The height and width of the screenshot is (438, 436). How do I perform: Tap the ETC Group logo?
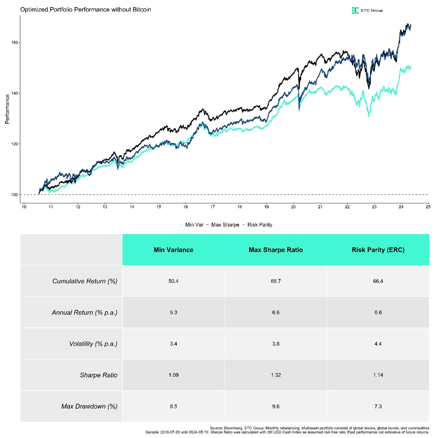click(367, 10)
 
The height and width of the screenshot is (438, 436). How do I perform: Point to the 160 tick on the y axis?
click(15, 42)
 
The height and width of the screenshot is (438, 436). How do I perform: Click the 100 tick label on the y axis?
click(15, 195)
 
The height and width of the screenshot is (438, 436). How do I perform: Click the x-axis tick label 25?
click(427, 207)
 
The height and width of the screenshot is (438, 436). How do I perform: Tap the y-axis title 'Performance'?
click(7, 109)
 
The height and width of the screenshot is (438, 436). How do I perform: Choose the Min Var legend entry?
click(192, 225)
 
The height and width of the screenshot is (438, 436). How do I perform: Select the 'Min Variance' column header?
click(173, 250)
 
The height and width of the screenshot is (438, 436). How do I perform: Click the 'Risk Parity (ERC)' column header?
click(378, 250)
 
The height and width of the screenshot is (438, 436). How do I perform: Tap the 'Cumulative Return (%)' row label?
click(85, 281)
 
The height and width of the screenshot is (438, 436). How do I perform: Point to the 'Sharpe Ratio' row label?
click(98, 375)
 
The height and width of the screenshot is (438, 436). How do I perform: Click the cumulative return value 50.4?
click(173, 281)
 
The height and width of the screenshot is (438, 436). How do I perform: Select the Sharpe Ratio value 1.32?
click(276, 375)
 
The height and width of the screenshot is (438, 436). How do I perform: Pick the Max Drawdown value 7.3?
click(378, 406)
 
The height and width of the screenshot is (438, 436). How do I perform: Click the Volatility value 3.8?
click(276, 344)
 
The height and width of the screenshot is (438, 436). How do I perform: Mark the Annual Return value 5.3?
click(173, 313)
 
